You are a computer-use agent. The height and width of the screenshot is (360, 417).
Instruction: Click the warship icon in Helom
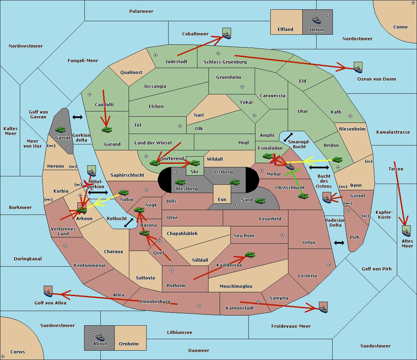[x=317, y=20]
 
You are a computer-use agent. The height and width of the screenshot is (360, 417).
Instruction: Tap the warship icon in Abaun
[x=100, y=337]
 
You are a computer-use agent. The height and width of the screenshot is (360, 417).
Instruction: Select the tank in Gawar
[x=60, y=129]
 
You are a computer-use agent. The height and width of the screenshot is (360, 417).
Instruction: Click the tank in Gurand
[x=107, y=129]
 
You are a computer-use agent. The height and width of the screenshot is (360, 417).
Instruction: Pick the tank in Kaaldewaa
[x=250, y=254]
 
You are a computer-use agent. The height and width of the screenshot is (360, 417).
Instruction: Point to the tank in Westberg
[x=180, y=182]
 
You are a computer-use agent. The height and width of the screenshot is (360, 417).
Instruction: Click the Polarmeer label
[x=141, y=11]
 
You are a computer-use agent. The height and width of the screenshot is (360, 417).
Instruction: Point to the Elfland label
[x=285, y=30]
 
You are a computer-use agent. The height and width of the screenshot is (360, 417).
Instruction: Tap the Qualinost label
[x=131, y=72]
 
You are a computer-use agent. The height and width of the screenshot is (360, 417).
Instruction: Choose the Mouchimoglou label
[x=236, y=286]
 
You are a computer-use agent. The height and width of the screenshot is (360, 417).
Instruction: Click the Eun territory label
[x=222, y=200]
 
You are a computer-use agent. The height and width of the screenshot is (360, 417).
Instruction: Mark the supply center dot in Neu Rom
[x=283, y=235]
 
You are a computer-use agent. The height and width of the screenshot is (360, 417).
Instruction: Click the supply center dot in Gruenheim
[x=242, y=87]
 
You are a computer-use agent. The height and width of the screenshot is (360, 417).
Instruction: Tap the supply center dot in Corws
[x=3, y=357]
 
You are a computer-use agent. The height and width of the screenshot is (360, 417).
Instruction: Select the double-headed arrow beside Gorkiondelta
[x=77, y=117]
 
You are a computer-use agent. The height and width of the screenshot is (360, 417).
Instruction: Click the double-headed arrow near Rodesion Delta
[x=339, y=243]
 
